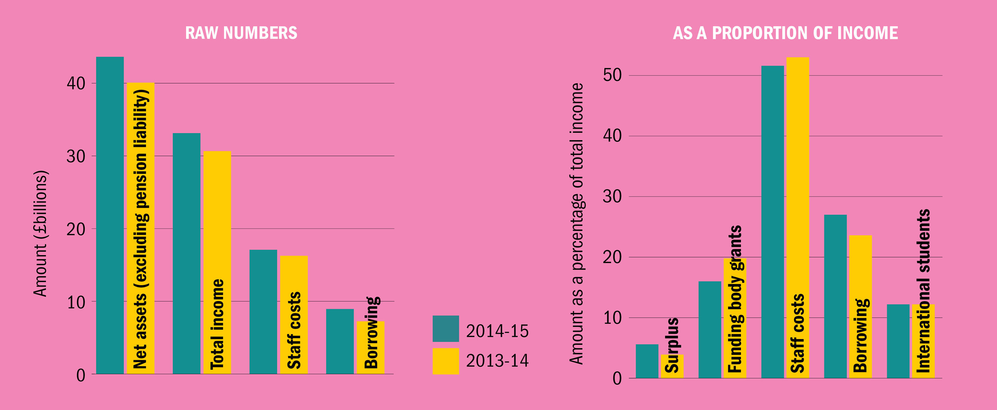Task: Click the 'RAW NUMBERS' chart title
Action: pyautogui.click(x=241, y=33)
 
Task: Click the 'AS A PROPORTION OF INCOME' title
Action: pyautogui.click(x=785, y=33)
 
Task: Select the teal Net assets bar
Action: pyautogui.click(x=110, y=215)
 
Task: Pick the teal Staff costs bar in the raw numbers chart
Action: pyautogui.click(x=263, y=312)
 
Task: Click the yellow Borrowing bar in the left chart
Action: pyautogui.click(x=370, y=347)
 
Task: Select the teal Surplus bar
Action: pyautogui.click(x=647, y=361)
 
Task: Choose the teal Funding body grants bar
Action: pyautogui.click(x=710, y=330)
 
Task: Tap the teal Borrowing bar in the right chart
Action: pyautogui.click(x=835, y=296)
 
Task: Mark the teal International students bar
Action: pyautogui.click(x=898, y=341)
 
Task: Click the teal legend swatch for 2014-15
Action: pyautogui.click(x=445, y=329)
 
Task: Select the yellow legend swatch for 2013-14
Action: pyautogui.click(x=445, y=361)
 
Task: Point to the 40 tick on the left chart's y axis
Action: pyautogui.click(x=76, y=84)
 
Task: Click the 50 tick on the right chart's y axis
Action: pyautogui.click(x=612, y=75)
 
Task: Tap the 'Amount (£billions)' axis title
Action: pyautogui.click(x=40, y=233)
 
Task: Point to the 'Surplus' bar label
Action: pyautogui.click(x=672, y=345)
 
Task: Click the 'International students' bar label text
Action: pyautogui.click(x=924, y=291)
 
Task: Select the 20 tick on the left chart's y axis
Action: pyautogui.click(x=76, y=229)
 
